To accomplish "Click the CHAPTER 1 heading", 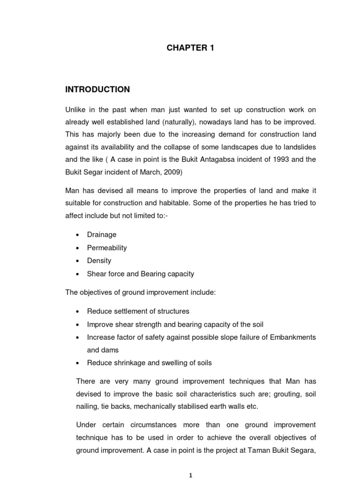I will (x=190, y=48).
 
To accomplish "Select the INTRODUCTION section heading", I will (x=97, y=89).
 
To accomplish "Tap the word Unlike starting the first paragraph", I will (x=75, y=110).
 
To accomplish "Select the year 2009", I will (x=172, y=172).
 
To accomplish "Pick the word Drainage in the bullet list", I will (x=102, y=234).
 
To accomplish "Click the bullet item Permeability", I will (x=107, y=247).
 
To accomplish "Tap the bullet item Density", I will (x=99, y=261).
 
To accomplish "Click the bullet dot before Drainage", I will (x=77, y=235).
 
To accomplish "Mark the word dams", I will (x=110, y=350).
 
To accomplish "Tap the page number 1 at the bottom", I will (x=190, y=474).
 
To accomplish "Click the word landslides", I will (x=298, y=147).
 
